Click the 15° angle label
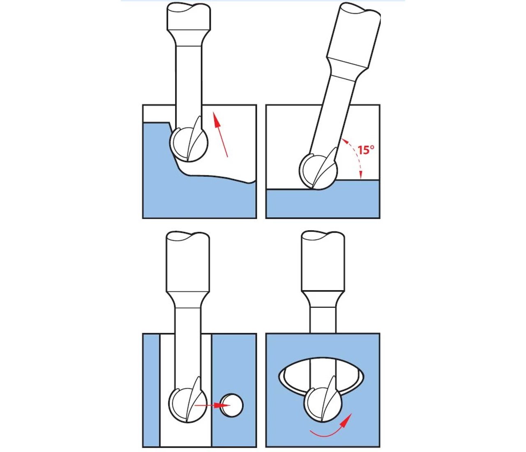[x=366, y=150]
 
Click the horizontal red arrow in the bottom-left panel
[x=212, y=405]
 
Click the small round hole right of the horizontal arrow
[x=232, y=405]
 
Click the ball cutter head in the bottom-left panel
[x=188, y=404]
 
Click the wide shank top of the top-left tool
[x=189, y=17]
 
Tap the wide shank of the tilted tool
[x=354, y=36]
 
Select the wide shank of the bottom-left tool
[x=188, y=262]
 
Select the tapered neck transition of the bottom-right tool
[x=323, y=299]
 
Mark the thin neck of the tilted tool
[x=332, y=115]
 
